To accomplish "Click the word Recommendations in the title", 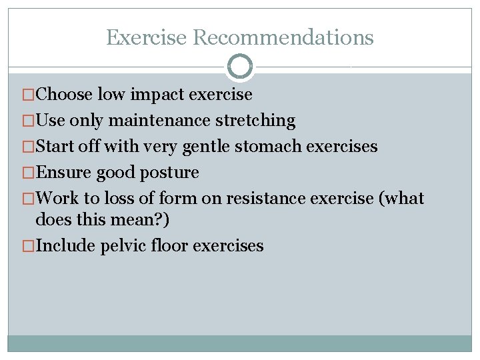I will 283,37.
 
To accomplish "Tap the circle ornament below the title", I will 240,67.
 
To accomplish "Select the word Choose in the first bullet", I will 64,95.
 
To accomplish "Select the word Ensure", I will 64,173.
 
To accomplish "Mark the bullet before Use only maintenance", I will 29,121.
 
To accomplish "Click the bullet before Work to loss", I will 29,199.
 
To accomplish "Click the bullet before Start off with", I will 29,147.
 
